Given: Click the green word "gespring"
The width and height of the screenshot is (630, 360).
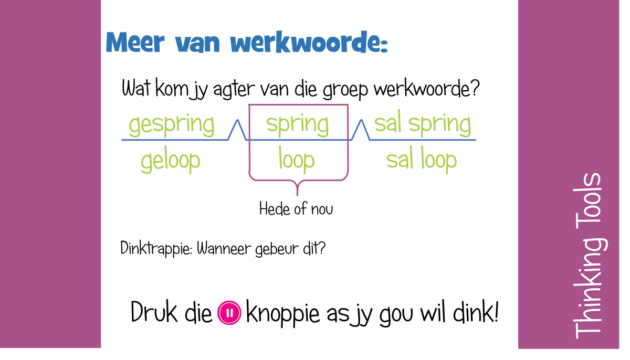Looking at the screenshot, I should pos(171,125).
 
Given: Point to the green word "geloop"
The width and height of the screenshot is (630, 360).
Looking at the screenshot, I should pos(170,161).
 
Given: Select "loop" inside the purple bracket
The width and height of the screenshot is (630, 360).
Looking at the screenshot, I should pos(297,160).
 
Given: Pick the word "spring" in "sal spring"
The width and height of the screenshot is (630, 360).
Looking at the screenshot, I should pos(439,125).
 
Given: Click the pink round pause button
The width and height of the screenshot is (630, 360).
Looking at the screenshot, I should pos(229,313).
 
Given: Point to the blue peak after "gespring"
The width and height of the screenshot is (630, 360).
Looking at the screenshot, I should pos(237,122).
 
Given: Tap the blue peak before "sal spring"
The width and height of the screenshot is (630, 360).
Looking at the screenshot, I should pos(360,122).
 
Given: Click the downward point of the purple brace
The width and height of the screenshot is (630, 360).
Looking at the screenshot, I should pos(298,194).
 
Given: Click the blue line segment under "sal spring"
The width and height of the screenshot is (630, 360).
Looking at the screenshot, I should pos(423,140).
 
